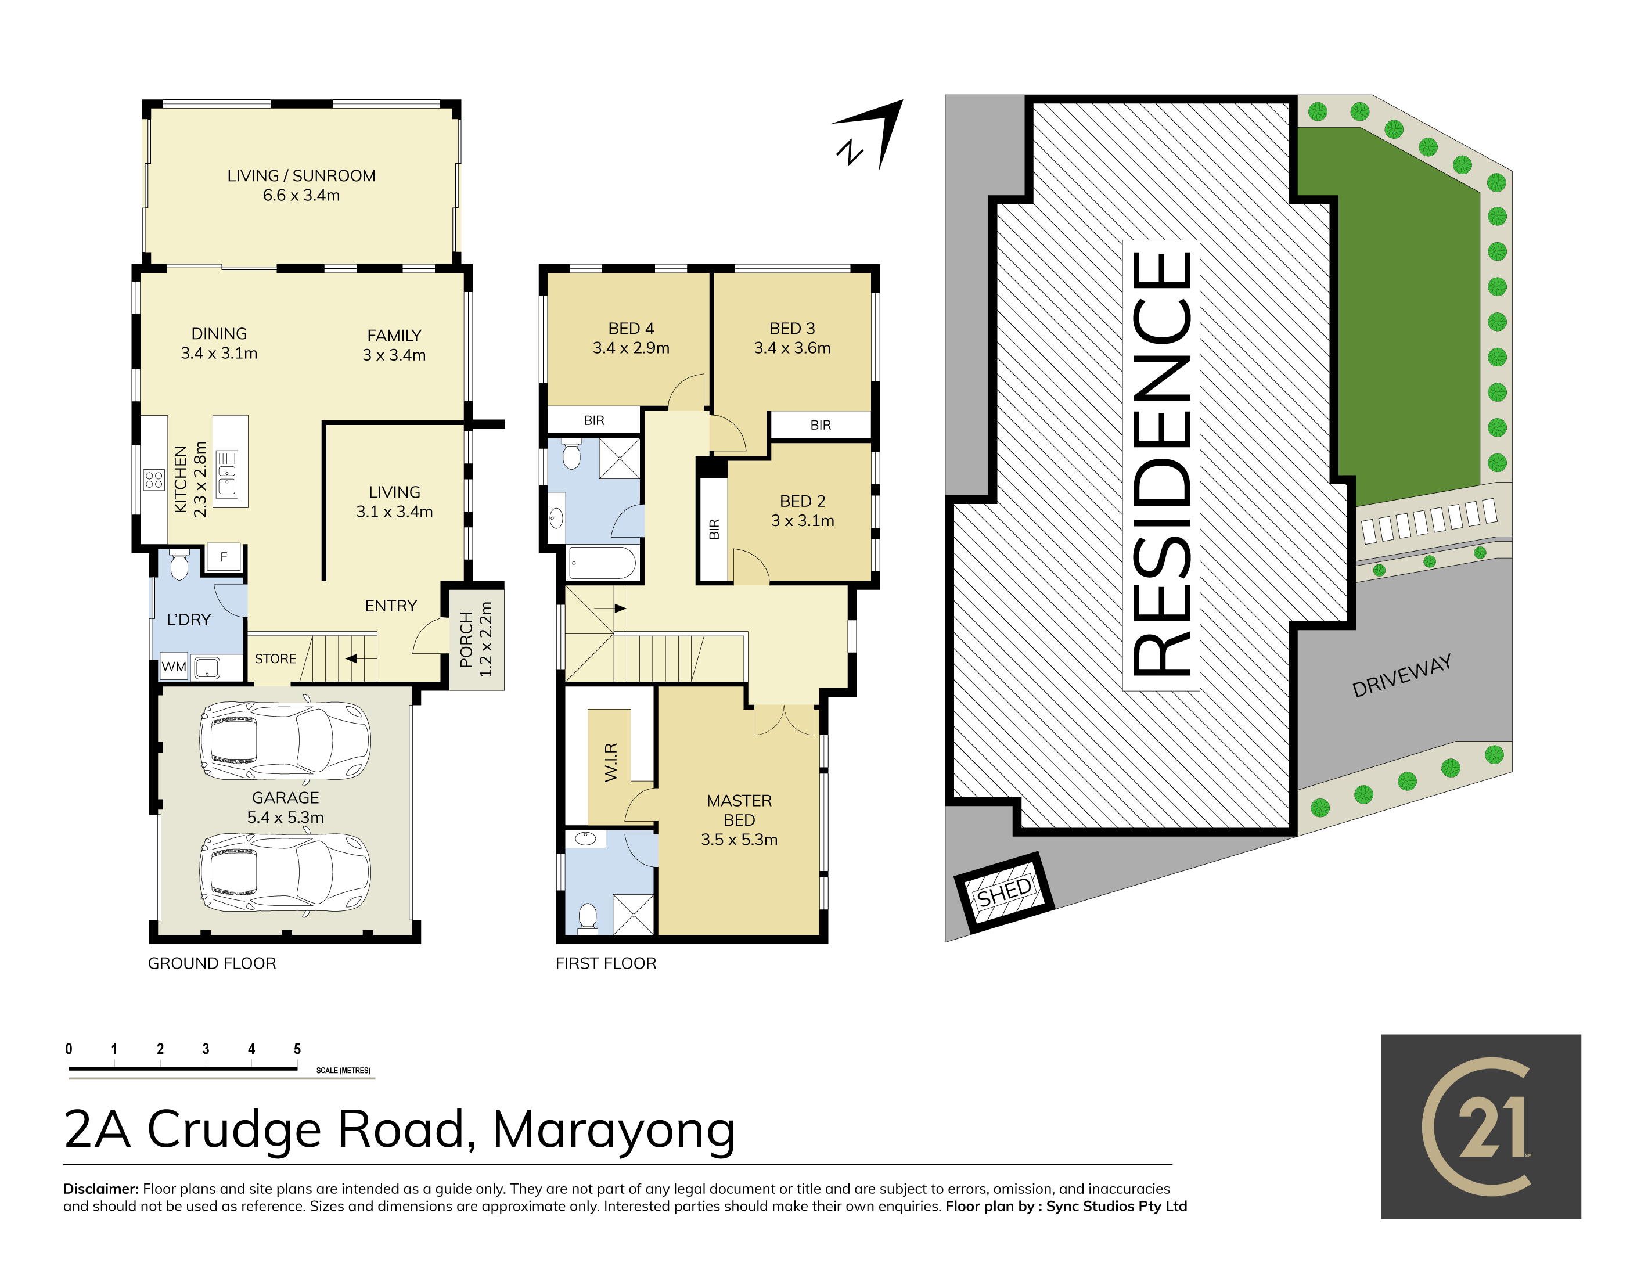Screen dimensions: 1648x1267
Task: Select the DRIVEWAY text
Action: point(1401,676)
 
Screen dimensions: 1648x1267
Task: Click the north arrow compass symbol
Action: point(869,134)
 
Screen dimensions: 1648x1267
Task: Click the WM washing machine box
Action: point(174,667)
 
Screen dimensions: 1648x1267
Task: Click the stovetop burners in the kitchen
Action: point(154,480)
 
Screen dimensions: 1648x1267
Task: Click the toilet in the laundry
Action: point(179,565)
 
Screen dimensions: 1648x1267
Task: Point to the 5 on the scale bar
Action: point(297,1049)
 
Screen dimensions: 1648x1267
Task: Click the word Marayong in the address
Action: point(614,1131)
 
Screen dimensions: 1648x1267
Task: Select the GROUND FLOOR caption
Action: point(212,963)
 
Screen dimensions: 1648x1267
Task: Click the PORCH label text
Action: point(466,639)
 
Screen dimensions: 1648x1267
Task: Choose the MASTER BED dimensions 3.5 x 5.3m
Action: point(739,840)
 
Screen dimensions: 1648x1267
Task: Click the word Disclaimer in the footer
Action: point(101,1189)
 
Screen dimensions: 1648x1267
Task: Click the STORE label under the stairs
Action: point(275,658)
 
